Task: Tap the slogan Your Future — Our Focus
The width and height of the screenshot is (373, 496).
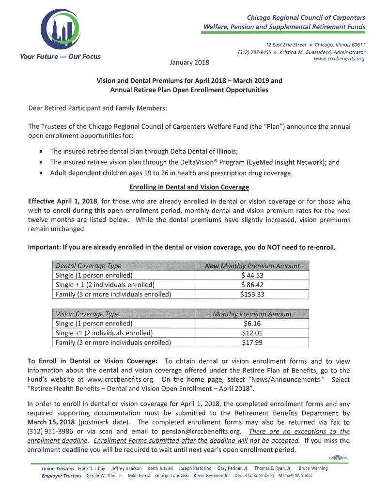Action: pos(60,57)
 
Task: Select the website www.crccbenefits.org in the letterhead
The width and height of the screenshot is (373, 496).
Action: pos(339,59)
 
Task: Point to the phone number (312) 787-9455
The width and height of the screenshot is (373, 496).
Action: pos(254,52)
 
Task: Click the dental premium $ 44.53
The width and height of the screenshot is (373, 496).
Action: pos(252,275)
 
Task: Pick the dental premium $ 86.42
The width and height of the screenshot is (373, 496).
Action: pos(252,285)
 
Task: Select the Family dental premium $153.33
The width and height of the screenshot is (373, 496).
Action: pos(252,294)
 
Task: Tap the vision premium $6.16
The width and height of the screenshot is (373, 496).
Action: pos(252,324)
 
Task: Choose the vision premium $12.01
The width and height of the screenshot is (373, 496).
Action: pos(252,333)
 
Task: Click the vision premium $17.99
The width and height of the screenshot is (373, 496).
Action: pos(252,342)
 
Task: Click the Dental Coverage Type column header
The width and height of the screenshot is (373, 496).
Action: pos(89,266)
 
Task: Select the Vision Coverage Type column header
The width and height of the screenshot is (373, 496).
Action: pos(88,314)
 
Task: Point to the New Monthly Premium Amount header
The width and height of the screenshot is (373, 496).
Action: pos(252,266)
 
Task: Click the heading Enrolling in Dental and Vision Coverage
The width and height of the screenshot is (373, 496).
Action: pos(188,187)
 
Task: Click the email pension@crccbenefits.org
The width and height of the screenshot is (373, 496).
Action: pos(194,432)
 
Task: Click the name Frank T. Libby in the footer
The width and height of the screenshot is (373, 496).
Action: pos(92,468)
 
